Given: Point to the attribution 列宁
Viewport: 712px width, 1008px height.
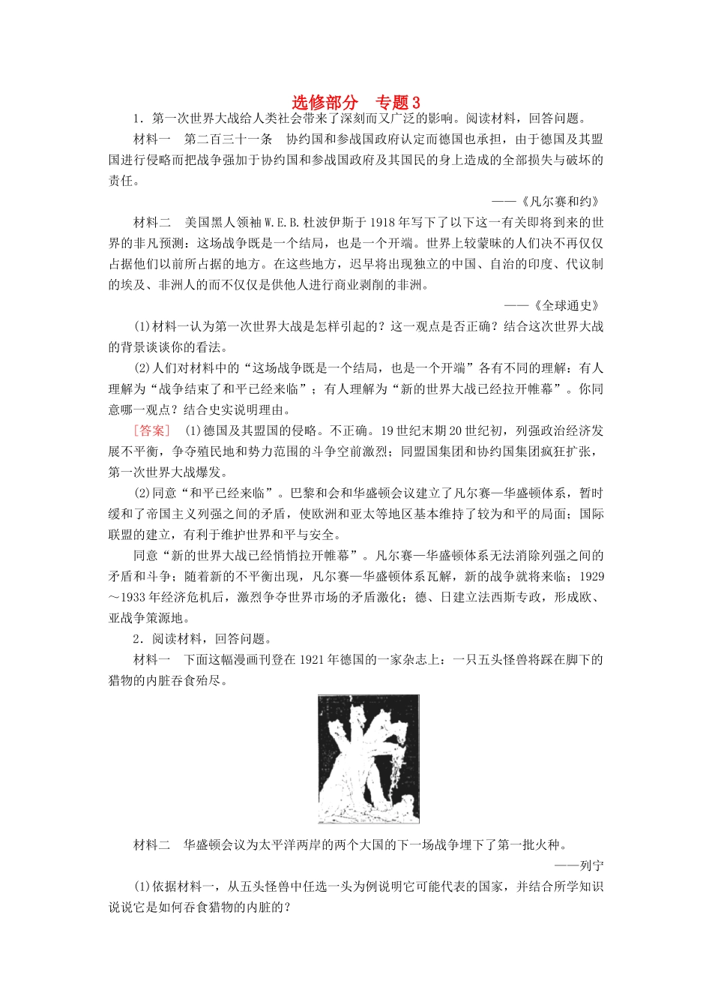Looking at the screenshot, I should point(592,865).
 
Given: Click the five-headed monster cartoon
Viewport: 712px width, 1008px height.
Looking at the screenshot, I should point(368,758).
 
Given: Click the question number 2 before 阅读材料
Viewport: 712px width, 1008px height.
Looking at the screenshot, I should point(136,639).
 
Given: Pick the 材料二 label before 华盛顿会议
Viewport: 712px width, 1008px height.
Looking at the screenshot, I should point(152,845).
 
